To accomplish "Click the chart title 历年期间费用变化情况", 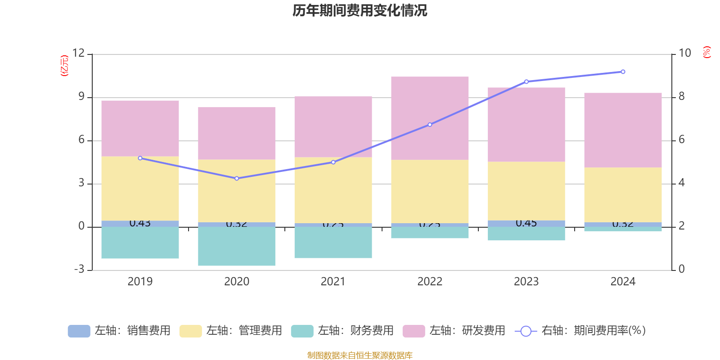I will [x=360, y=10].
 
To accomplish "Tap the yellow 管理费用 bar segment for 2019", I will [x=140, y=188].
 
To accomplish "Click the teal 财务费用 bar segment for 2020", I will [x=237, y=246].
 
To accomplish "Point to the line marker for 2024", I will [x=623, y=72].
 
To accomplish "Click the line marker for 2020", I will [x=237, y=179].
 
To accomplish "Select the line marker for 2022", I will [x=430, y=125].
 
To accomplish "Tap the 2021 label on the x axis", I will [x=333, y=282].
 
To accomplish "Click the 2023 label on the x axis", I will [x=526, y=282].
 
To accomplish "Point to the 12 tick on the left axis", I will [x=79, y=53].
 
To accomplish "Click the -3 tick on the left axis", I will [x=79, y=269].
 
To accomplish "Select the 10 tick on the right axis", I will [x=684, y=53].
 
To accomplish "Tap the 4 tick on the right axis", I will [x=681, y=183].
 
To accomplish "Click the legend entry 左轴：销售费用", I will [x=119, y=331].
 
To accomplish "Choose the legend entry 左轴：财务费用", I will [x=342, y=331].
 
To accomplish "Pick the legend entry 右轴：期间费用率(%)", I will [x=580, y=331].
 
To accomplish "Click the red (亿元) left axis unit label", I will [x=65, y=66].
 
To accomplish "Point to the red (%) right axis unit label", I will [x=706, y=52].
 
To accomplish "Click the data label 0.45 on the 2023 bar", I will [x=526, y=223].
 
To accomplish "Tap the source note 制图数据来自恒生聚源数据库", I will [x=360, y=355].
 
